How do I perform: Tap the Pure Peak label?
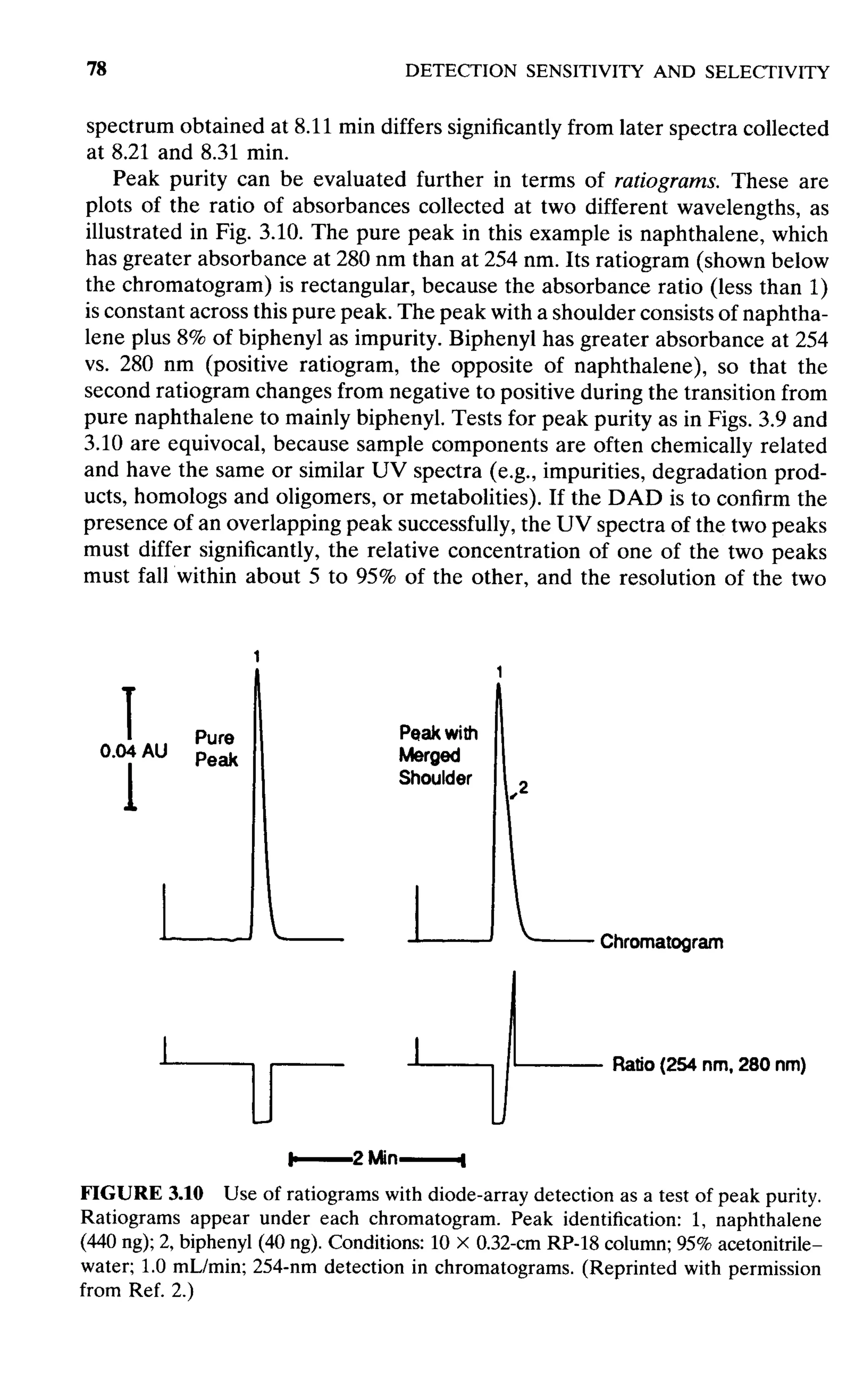pos(216,748)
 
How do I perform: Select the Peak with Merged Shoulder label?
pos(438,755)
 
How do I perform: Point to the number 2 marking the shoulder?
pos(523,787)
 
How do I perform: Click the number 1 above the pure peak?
pos(256,656)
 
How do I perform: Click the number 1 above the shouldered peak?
pos(499,671)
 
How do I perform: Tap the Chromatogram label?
pos(661,942)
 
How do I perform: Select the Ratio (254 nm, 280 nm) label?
pos(708,1065)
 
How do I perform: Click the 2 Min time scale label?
pos(375,1158)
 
